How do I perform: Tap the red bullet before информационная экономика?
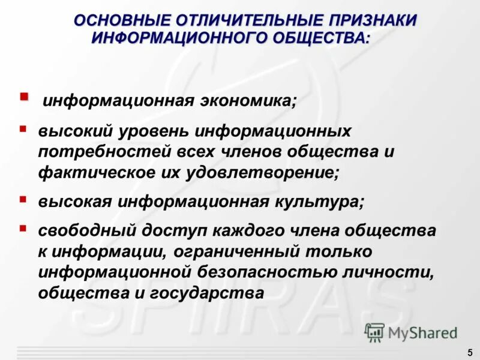tap(24, 96)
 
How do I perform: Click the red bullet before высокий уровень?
tap(23, 128)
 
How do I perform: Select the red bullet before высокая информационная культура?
tap(23, 198)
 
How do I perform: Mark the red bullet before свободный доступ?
tap(23, 228)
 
